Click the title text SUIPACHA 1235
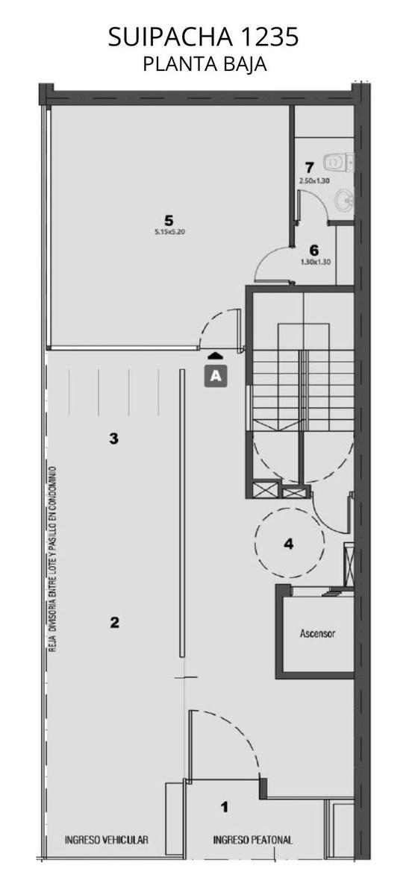(203, 37)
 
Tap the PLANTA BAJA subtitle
(205, 64)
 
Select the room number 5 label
(169, 220)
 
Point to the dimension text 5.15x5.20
(169, 231)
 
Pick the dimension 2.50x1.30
(314, 180)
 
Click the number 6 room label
(314, 251)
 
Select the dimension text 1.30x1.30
(315, 263)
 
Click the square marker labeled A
(216, 376)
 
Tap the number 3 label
(114, 439)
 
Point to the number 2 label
(114, 622)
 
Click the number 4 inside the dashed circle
(288, 544)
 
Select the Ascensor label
(318, 633)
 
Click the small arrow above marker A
(215, 356)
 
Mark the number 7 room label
(310, 167)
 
